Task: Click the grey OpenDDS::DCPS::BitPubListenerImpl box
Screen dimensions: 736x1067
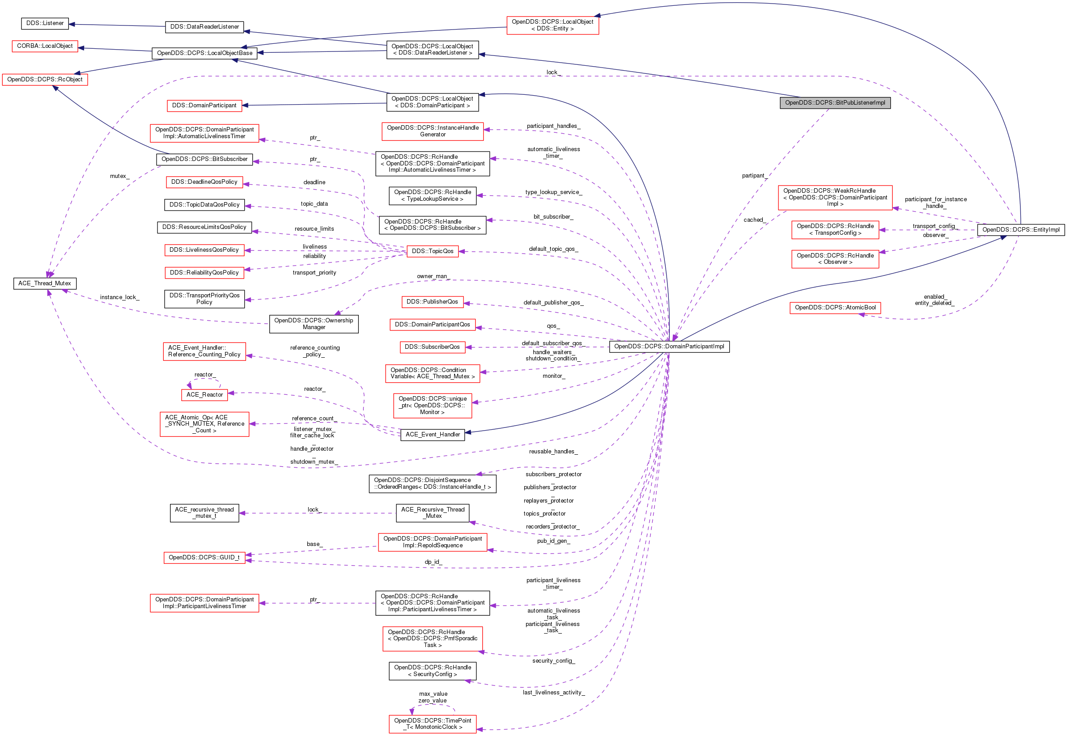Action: pyautogui.click(x=834, y=103)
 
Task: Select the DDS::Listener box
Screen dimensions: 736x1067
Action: pyautogui.click(x=45, y=23)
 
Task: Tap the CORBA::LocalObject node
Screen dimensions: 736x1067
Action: pyautogui.click(x=45, y=46)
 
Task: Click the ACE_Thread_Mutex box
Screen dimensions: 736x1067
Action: pyautogui.click(x=45, y=283)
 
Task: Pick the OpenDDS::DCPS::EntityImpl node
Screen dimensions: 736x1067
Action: pyautogui.click(x=1020, y=230)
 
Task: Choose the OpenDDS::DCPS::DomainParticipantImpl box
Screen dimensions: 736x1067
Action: pyautogui.click(x=669, y=347)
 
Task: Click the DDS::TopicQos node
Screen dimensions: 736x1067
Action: pyautogui.click(x=432, y=251)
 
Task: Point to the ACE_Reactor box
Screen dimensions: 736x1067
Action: pyautogui.click(x=204, y=395)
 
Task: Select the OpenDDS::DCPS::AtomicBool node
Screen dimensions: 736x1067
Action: pyautogui.click(x=834, y=308)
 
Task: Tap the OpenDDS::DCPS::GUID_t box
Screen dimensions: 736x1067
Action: pyautogui.click(x=204, y=558)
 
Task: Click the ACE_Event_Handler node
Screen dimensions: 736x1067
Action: pyautogui.click(x=432, y=435)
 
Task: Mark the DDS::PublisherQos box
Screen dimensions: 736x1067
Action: pyautogui.click(x=432, y=301)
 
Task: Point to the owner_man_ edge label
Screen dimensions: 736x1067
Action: pyautogui.click(x=433, y=276)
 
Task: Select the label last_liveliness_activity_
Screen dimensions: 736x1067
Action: pyautogui.click(x=553, y=692)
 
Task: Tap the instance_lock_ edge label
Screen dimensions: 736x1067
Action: pyautogui.click(x=119, y=297)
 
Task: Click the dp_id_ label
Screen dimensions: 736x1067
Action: pyautogui.click(x=433, y=562)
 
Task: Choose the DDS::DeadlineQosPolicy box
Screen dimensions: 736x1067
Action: pyautogui.click(x=204, y=182)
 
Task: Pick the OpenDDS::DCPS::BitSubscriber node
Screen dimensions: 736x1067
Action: pyautogui.click(x=204, y=159)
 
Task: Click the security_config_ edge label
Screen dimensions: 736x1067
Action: pyautogui.click(x=553, y=661)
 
